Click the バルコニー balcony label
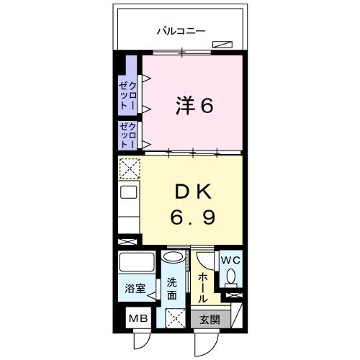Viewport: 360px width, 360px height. (181, 31)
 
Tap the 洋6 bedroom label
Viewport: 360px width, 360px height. (194, 106)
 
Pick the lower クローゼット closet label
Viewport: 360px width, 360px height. (129, 135)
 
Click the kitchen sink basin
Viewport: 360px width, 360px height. (128, 192)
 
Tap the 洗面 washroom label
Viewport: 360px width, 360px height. (172, 289)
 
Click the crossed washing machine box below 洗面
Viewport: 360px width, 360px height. (173, 316)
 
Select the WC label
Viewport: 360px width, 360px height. (230, 261)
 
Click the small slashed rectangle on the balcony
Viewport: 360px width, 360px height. (222, 45)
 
